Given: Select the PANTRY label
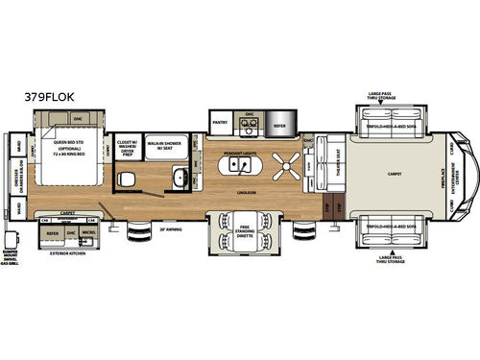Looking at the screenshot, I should point(219,123).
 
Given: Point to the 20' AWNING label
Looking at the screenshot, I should point(171,228).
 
